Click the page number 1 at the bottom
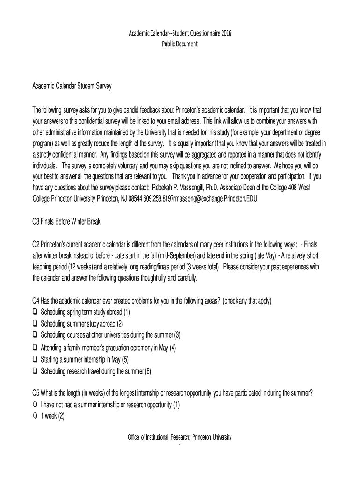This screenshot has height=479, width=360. click(180, 447)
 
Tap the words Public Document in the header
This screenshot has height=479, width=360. click(180, 44)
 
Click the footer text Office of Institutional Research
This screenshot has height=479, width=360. click(159, 437)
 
